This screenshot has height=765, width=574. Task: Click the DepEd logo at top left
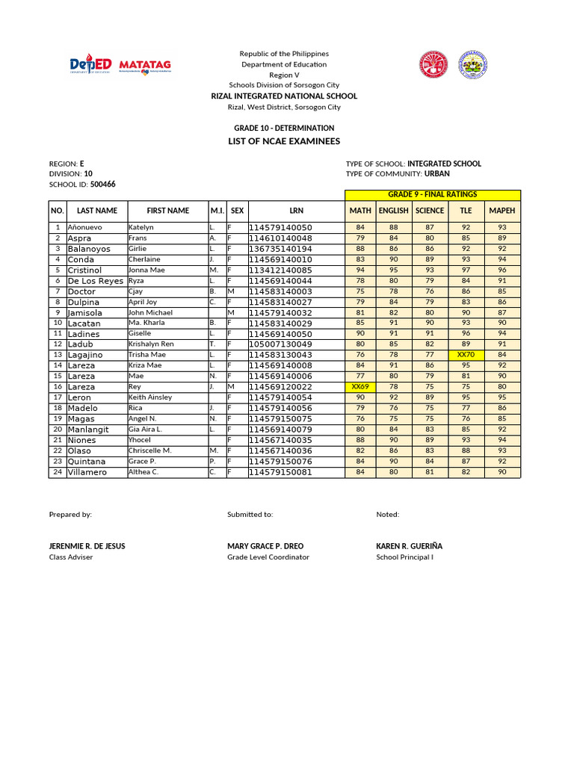coord(90,66)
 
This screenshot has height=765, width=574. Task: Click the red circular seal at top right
coord(432,65)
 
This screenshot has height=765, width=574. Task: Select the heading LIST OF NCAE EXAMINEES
coord(284,141)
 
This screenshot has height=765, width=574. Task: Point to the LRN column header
coord(296,211)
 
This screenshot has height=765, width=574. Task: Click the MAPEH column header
coord(502,211)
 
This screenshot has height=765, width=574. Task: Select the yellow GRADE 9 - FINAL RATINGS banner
coord(432,194)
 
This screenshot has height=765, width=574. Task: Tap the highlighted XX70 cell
coord(466,355)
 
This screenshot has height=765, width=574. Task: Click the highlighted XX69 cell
coord(360,386)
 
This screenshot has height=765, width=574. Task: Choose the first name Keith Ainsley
coord(150,397)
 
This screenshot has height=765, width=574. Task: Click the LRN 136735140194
coord(280,249)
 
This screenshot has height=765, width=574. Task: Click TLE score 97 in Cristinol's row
coord(466,270)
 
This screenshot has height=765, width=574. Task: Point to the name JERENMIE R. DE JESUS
coord(87,546)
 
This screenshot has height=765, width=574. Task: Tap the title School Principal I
coord(404,557)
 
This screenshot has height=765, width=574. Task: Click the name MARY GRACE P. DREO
coord(265,546)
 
